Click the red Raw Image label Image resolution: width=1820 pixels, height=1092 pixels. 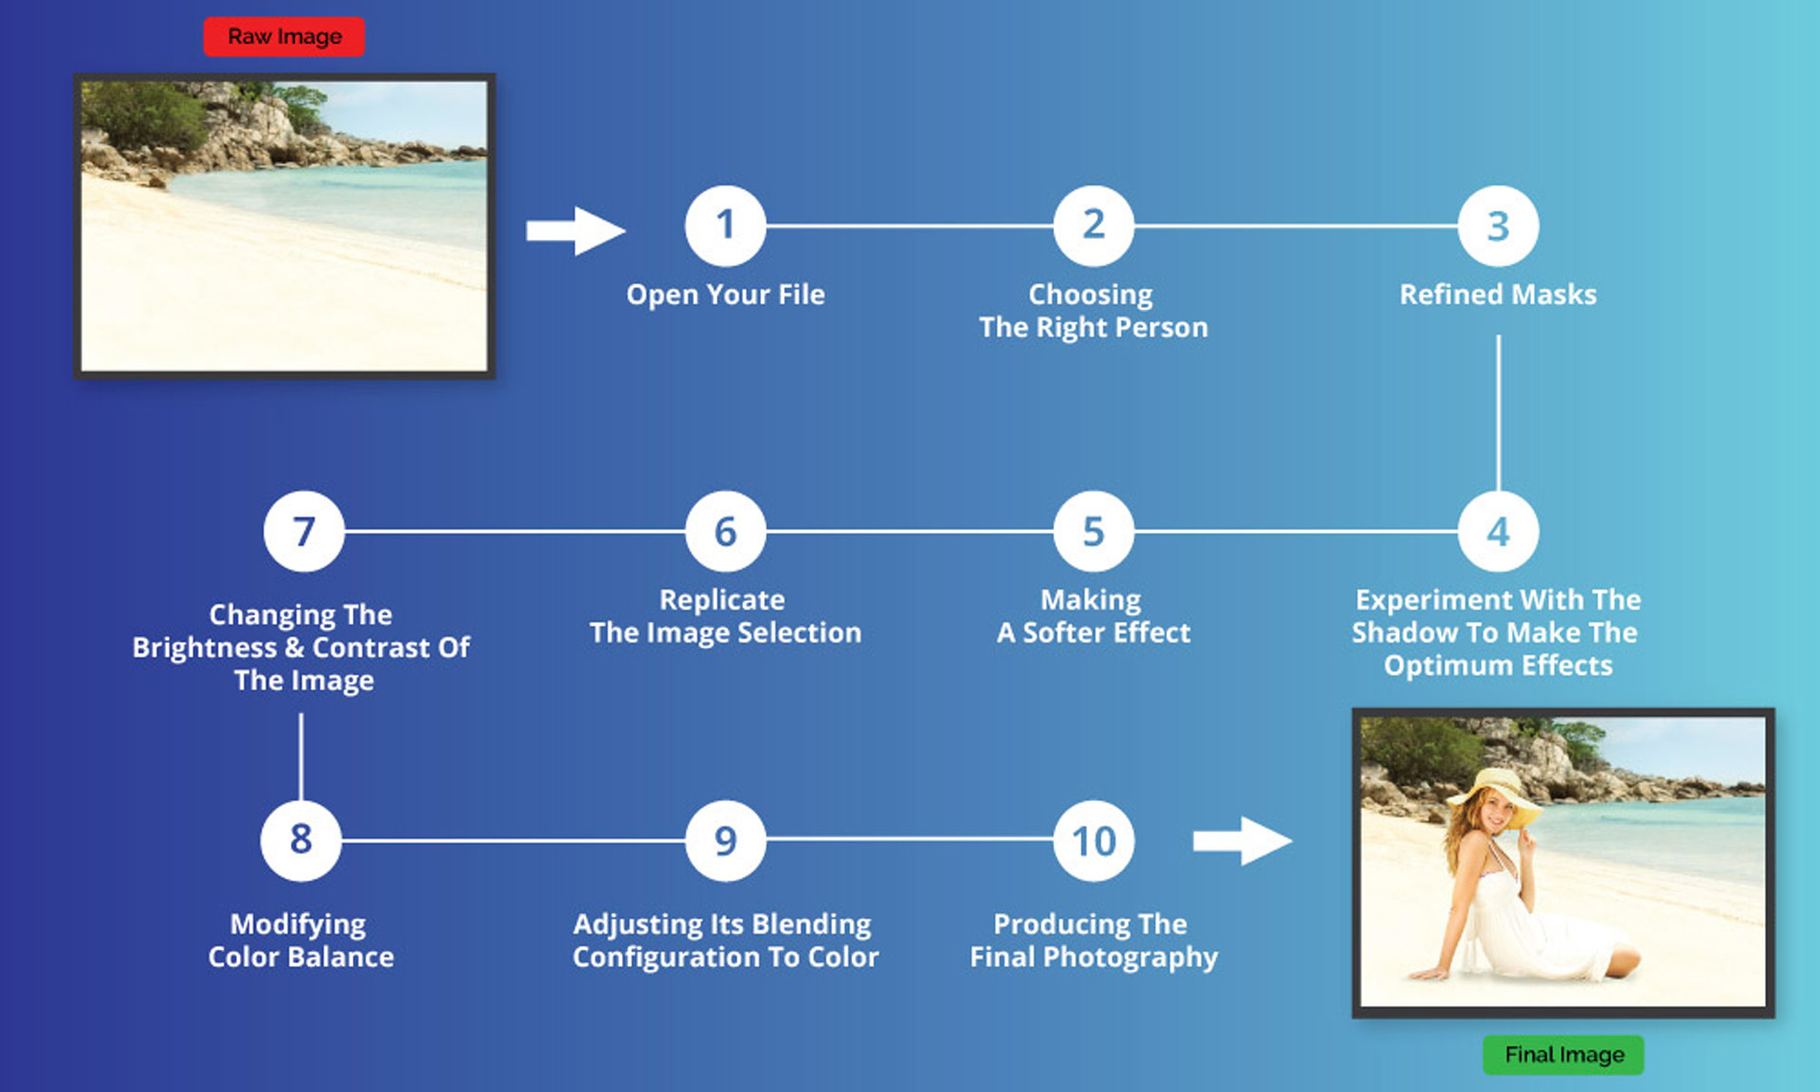pyautogui.click(x=284, y=37)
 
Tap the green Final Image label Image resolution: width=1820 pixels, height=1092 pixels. pyautogui.click(x=1564, y=1055)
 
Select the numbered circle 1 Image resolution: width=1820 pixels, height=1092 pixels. pyautogui.click(x=725, y=226)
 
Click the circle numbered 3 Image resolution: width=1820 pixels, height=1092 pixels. pyautogui.click(x=1498, y=226)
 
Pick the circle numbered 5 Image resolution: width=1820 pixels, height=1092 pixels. pyautogui.click(x=1094, y=531)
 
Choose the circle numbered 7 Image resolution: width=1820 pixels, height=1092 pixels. pyautogui.click(x=303, y=531)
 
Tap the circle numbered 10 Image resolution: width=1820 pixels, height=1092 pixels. pyautogui.click(x=1094, y=841)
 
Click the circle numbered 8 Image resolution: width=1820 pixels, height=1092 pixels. pyautogui.click(x=300, y=840)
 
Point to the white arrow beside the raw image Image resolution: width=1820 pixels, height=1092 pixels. pyautogui.click(x=575, y=231)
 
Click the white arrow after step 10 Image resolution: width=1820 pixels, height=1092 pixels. pyautogui.click(x=1242, y=841)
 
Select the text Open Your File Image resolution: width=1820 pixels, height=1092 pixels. pyautogui.click(x=725, y=295)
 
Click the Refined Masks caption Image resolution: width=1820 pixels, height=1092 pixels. pyautogui.click(x=1498, y=295)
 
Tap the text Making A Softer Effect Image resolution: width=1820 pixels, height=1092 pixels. pyautogui.click(x=1093, y=616)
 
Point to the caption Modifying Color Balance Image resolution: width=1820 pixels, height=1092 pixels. pyautogui.click(x=300, y=940)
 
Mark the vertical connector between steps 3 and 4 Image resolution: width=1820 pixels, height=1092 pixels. pyautogui.click(x=1498, y=412)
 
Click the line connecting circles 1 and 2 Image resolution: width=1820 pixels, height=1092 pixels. pyautogui.click(x=910, y=226)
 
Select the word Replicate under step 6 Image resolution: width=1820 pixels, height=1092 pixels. pyautogui.click(x=722, y=600)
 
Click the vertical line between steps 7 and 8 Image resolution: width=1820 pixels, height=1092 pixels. pyautogui.click(x=300, y=756)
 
